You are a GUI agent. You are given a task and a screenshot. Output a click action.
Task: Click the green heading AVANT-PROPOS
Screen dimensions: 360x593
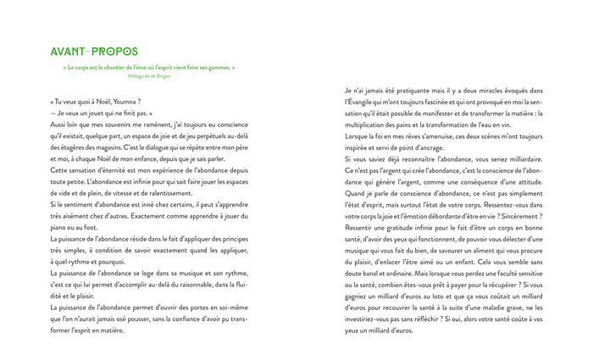coord(94,52)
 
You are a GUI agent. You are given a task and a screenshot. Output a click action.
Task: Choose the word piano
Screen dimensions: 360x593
coord(61,226)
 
